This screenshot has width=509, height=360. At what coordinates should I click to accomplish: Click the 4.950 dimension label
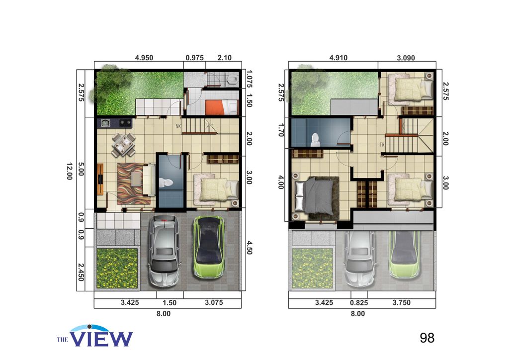[x=144, y=58]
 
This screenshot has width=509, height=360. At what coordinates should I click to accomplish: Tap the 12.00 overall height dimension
[x=69, y=172]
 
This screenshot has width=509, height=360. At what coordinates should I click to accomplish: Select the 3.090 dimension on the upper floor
[x=406, y=58]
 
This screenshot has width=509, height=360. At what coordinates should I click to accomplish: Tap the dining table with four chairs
[x=123, y=144]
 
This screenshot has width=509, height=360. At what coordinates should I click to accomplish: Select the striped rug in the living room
[x=130, y=183]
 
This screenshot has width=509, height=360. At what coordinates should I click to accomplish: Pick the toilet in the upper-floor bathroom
[x=315, y=139]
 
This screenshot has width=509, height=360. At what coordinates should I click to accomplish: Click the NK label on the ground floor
[x=178, y=126]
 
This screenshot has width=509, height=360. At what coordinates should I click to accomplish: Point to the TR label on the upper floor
[x=382, y=145]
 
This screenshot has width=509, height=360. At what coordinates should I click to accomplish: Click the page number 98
[x=427, y=338]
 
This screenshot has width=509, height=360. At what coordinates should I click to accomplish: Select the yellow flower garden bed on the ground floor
[x=116, y=268]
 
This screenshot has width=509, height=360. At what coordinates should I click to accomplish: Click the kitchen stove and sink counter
[x=116, y=122]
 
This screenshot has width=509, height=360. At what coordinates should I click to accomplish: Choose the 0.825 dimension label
[x=358, y=302]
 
